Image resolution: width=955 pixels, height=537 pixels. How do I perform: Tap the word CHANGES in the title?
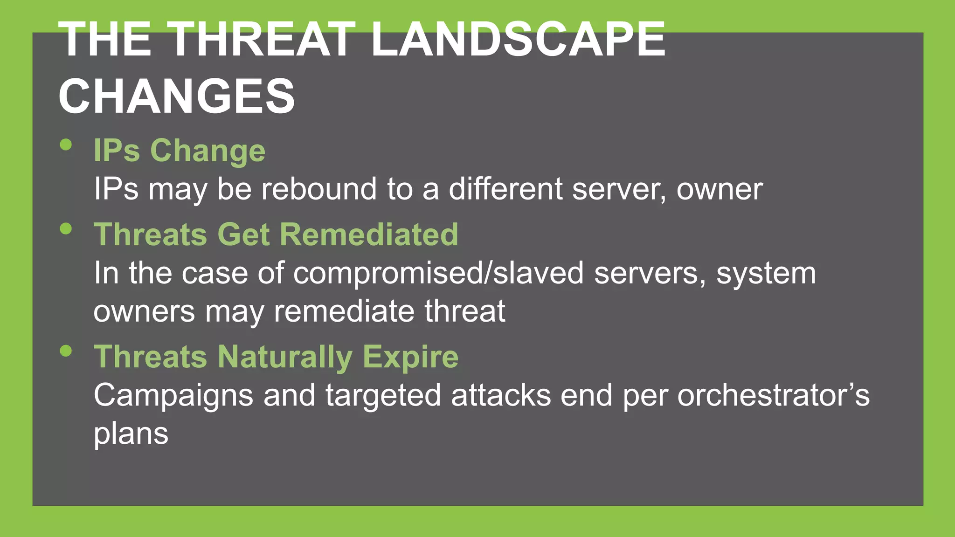tap(177, 96)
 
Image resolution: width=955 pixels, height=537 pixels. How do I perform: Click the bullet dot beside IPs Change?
tap(66, 145)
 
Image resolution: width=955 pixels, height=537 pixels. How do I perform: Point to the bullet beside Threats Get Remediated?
tap(66, 228)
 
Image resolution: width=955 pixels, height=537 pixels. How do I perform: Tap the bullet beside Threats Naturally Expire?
tap(66, 351)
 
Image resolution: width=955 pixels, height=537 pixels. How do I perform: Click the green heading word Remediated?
tap(369, 234)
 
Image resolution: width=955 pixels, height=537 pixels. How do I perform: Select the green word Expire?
tap(410, 357)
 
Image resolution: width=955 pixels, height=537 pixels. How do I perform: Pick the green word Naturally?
tap(285, 358)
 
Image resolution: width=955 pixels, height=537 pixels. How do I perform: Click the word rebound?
tap(318, 189)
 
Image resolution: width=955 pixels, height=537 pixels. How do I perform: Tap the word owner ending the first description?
tap(720, 190)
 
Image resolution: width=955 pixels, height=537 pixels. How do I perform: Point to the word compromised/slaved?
tap(438, 274)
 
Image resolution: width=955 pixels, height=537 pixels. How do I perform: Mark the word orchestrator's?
tap(773, 395)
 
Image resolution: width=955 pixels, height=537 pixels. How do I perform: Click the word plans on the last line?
tap(131, 434)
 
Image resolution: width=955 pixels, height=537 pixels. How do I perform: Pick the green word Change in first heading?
tap(208, 151)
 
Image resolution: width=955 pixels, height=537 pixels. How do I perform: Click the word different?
tap(505, 189)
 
